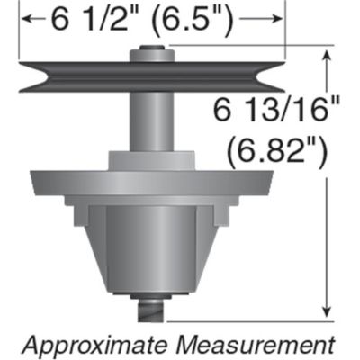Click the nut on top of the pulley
[x=150, y=55]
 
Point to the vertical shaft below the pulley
[x=150, y=121]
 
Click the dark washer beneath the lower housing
[x=150, y=299]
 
